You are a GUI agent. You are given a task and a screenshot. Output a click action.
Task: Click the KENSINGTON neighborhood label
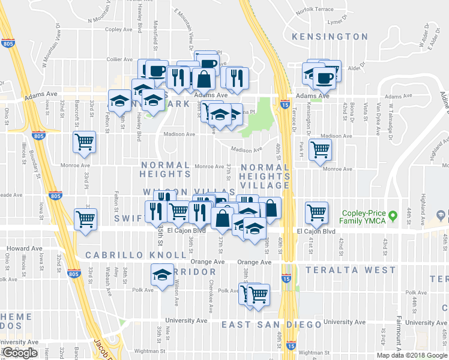[330, 37]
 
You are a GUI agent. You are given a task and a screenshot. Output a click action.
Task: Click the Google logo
[20, 353]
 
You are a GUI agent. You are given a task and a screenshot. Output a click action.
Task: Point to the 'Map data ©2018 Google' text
[411, 355]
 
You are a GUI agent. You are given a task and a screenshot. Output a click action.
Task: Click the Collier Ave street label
[119, 59]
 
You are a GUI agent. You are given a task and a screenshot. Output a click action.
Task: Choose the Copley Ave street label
[118, 29]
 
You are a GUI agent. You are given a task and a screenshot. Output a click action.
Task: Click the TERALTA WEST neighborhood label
[349, 271]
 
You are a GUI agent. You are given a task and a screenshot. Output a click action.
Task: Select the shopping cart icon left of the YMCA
[316, 211]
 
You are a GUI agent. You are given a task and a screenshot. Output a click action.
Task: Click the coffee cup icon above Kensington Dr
[325, 77]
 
